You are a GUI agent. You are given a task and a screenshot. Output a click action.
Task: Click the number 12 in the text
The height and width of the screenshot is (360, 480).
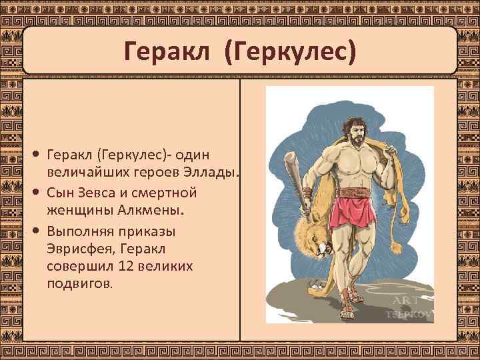coord(128,266)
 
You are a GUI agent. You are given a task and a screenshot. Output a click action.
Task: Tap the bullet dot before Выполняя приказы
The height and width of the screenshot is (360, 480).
coord(38,231)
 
